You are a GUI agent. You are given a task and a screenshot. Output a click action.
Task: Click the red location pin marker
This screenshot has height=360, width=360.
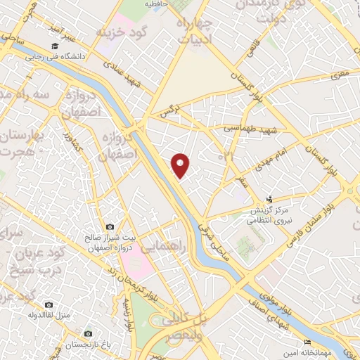(181, 165)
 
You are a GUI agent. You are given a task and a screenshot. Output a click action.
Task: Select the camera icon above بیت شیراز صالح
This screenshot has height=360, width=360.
(110, 227)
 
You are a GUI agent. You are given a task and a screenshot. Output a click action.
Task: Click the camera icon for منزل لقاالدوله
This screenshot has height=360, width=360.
(49, 304)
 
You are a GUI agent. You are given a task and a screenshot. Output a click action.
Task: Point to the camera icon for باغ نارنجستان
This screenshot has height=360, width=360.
(88, 333)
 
